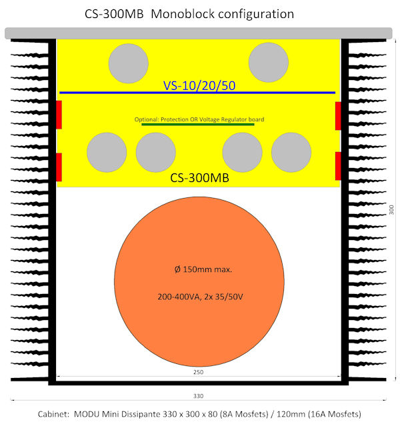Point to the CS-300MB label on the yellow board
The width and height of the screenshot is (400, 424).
pos(198,178)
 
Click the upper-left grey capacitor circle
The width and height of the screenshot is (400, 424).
pos(129,63)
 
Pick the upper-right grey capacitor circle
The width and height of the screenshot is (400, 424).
pos(269,63)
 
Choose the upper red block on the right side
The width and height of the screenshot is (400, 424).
pos(338,115)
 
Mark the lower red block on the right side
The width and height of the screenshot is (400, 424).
pos(338,167)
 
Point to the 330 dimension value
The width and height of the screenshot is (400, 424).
pos(199,395)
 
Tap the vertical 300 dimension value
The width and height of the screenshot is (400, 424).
pos(391,210)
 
